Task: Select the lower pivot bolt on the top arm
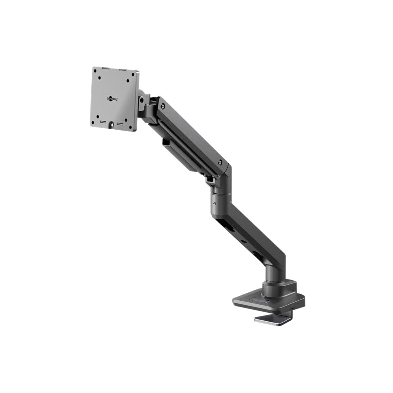pyautogui.click(x=220, y=161)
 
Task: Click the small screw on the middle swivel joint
pyautogui.click(x=214, y=204)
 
